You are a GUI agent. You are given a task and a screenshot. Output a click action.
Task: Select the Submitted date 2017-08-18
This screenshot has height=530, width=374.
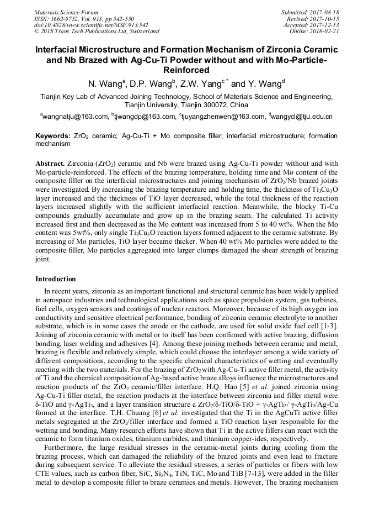[325, 12]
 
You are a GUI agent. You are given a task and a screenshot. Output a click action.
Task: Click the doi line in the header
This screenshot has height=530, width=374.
[91, 25]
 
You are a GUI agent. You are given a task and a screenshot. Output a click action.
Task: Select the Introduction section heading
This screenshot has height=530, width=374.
[56, 279]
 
